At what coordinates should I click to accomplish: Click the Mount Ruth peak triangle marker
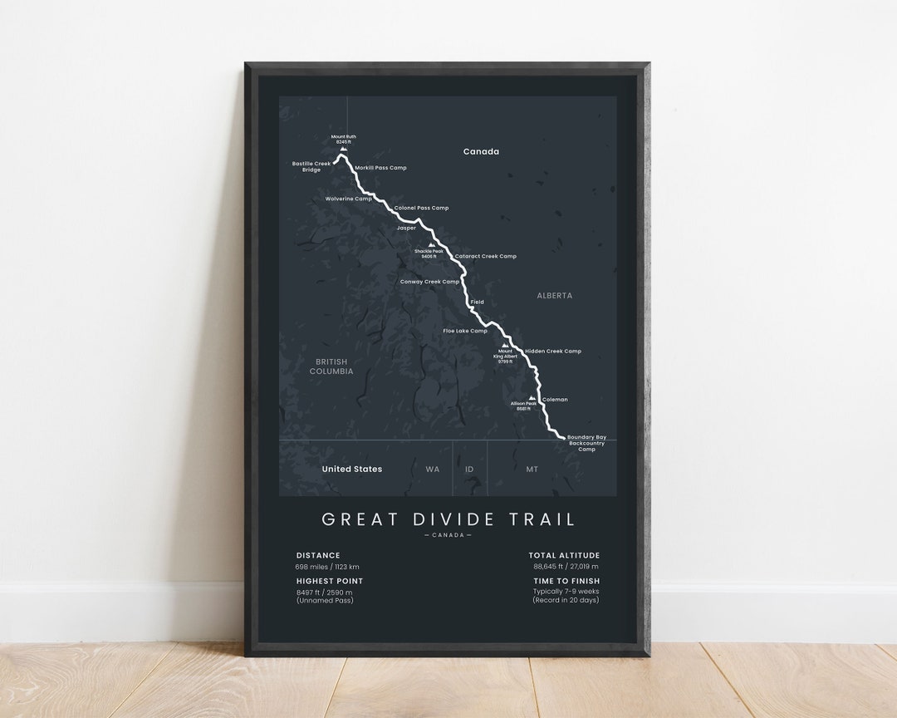[343, 149]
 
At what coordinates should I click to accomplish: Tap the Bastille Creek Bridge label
[311, 167]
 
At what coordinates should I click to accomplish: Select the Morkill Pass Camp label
[380, 168]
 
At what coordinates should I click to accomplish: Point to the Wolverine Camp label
[349, 199]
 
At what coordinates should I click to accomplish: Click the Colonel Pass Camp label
[421, 208]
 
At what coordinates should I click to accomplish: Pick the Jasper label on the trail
[406, 228]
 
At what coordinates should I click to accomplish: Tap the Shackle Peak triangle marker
[429, 245]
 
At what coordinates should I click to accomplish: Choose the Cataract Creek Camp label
[485, 256]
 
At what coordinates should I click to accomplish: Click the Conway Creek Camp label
[429, 282]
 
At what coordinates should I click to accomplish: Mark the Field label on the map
[477, 302]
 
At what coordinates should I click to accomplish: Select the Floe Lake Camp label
[465, 331]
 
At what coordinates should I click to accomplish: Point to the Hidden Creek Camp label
[553, 351]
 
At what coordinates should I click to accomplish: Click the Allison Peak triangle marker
[531, 398]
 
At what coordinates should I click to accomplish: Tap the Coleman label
[555, 400]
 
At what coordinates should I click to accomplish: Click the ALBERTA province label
[554, 296]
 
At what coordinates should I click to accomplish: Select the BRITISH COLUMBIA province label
[331, 366]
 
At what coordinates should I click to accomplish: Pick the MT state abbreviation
[532, 470]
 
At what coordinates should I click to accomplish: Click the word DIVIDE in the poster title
[448, 519]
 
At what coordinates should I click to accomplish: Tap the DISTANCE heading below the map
[318, 555]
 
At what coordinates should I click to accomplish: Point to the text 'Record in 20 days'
[566, 600]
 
